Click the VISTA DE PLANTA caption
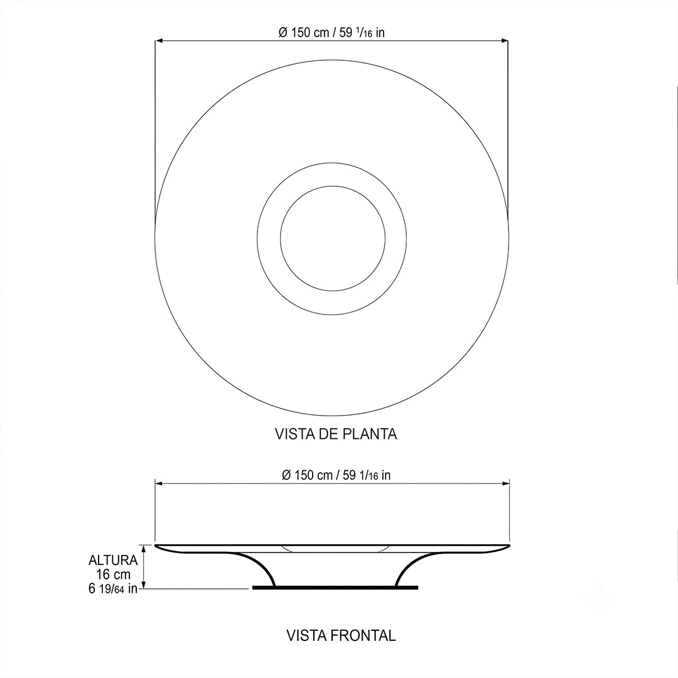336,434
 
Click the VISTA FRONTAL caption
341,635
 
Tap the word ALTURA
113,561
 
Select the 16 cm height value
113,574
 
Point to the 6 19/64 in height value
113,588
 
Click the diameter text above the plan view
331,33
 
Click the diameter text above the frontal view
336,475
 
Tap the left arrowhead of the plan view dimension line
158,41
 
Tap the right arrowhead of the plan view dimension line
505,41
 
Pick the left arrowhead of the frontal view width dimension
159,484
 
